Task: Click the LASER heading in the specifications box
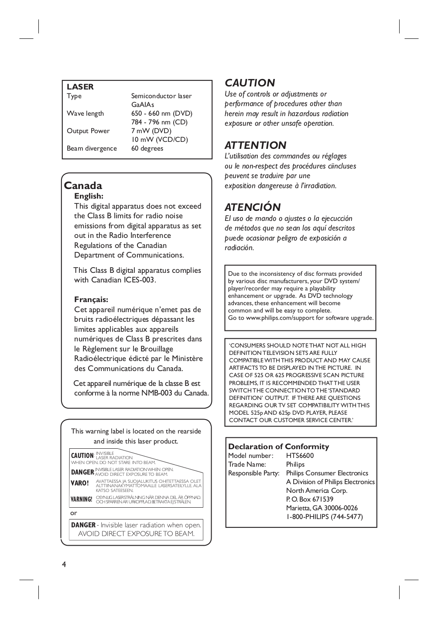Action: coord(80,87)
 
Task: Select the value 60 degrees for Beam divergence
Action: coord(147,148)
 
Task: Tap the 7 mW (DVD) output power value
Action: coord(151,131)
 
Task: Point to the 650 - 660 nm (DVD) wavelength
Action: coord(161,113)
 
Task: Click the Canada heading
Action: coord(83,186)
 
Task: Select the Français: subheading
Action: coord(91,299)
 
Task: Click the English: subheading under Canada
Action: coord(89,196)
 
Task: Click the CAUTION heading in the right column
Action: coord(250,83)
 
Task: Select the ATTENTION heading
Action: coord(255,145)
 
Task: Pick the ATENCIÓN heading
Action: coord(253,207)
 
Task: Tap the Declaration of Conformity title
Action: coord(278,447)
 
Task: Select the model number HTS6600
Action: coord(300,456)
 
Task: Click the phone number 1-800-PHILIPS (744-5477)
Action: coord(324,517)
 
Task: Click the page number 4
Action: coord(64,564)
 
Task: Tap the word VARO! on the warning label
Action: coord(80,483)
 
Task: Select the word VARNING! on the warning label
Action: coord(82,499)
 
